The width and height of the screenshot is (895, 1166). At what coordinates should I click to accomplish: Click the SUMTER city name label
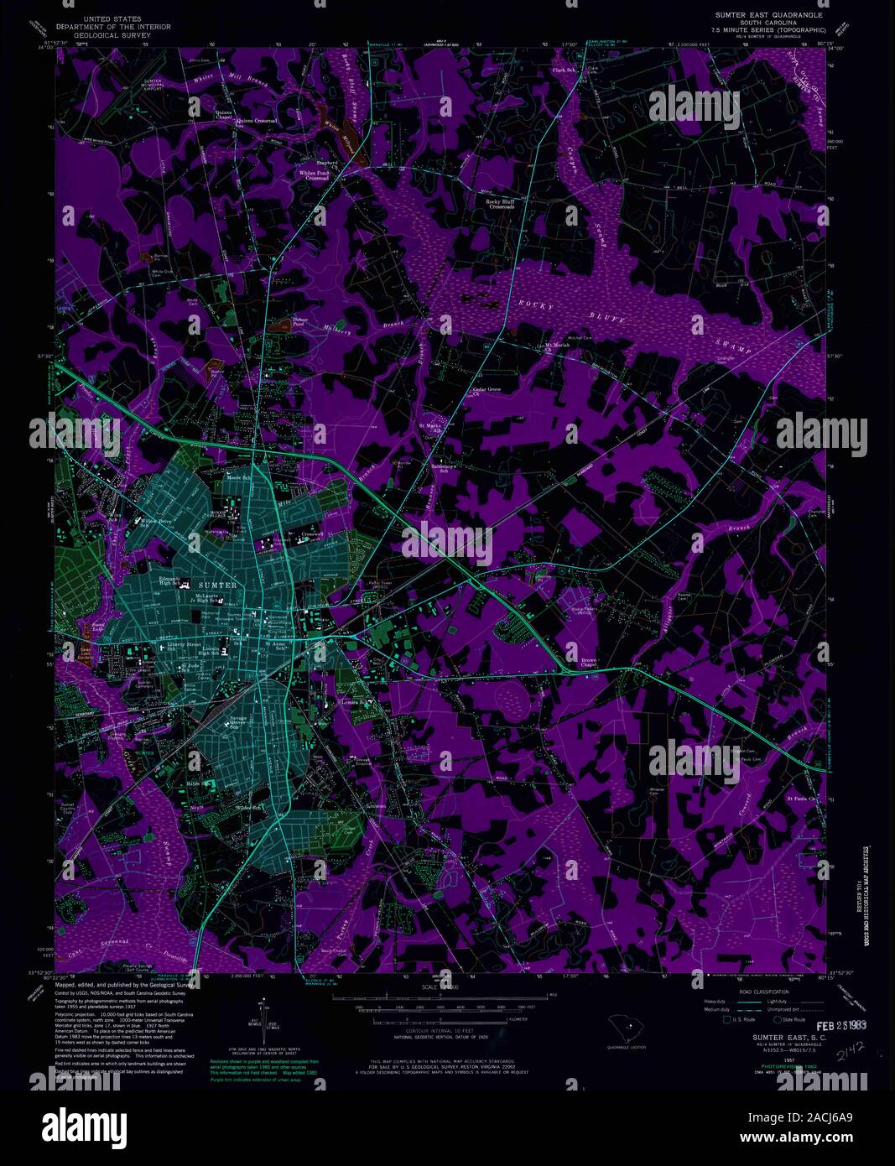(216, 584)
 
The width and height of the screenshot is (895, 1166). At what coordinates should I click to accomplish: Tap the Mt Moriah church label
(557, 346)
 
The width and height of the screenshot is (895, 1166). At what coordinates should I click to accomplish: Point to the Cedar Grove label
(487, 390)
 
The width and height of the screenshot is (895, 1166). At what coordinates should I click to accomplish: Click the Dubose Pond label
(302, 322)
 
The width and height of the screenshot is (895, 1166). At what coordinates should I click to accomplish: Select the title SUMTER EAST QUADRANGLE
(768, 15)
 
